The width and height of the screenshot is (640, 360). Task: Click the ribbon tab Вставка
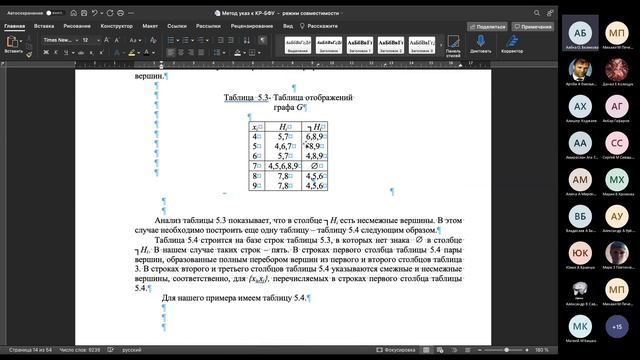tap(44, 26)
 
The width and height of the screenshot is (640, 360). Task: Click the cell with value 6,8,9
tap(316, 135)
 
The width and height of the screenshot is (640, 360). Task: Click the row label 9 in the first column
tap(256, 185)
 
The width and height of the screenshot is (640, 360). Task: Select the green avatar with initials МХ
tap(617, 178)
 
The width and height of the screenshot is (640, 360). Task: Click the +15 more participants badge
tap(617, 325)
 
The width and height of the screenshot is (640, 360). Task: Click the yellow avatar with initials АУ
tap(617, 215)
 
